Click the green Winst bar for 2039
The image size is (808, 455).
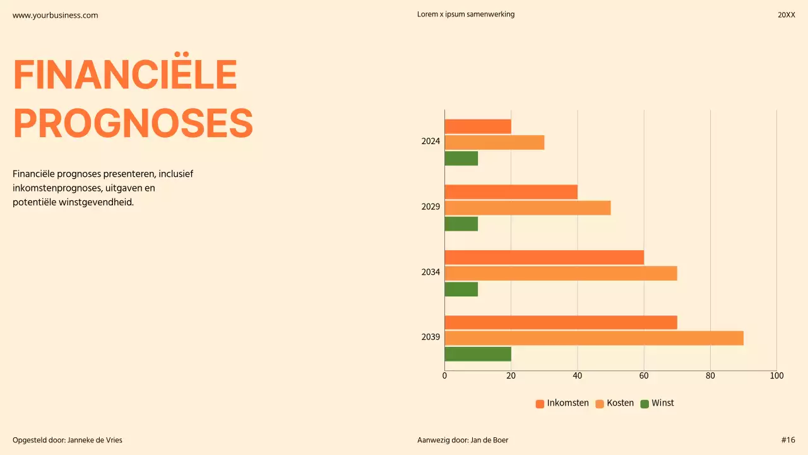click(x=478, y=354)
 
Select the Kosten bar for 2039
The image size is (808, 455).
click(x=594, y=338)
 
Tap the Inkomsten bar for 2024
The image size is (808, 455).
click(x=478, y=126)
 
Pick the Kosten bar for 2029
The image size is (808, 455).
click(x=528, y=208)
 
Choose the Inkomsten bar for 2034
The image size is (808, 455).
click(x=544, y=257)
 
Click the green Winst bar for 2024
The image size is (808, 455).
click(x=461, y=158)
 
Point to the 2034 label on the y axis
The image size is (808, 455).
click(x=431, y=272)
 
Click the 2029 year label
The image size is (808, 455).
click(x=431, y=207)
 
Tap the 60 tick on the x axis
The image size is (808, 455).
click(x=644, y=376)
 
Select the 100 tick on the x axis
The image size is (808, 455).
click(x=776, y=376)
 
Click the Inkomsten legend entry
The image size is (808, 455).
click(x=562, y=403)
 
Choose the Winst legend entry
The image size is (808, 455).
click(x=657, y=403)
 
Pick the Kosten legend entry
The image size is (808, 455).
click(x=614, y=403)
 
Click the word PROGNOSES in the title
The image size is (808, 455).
click(x=133, y=123)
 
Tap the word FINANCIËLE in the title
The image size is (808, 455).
click(x=125, y=75)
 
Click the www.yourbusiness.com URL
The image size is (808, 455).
click(x=56, y=15)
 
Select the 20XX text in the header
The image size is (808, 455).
click(x=786, y=15)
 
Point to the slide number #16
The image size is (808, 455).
click(x=788, y=440)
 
